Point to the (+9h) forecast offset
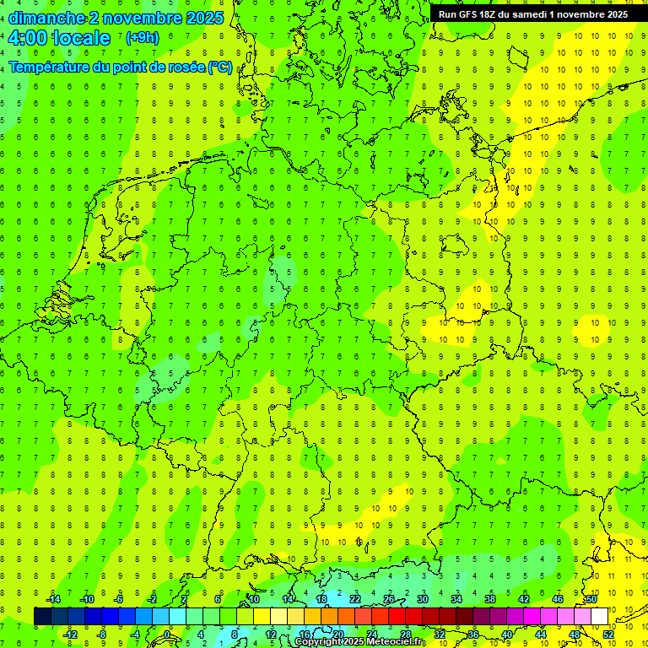click(142, 38)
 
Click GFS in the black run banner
click(466, 14)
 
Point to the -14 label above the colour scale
click(54, 599)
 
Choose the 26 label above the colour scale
click(389, 599)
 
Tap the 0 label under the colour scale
click(166, 634)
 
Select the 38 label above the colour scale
click(490, 599)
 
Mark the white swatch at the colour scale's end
click(600, 616)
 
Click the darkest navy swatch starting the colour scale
click(42, 616)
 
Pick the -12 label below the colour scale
click(70, 634)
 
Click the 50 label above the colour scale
click(591, 599)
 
